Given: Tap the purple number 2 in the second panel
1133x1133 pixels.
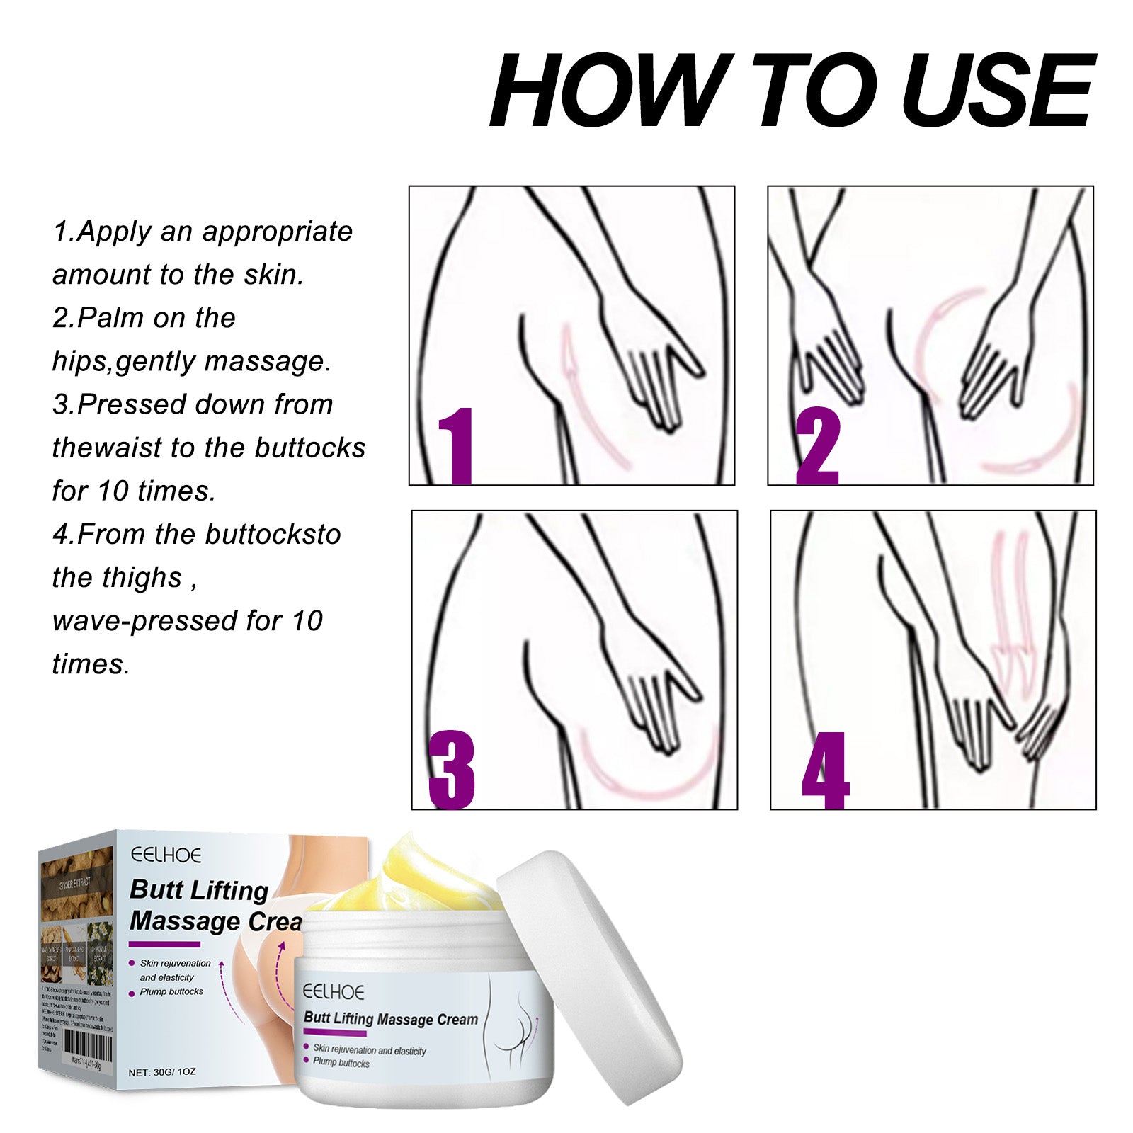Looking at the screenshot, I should pos(818,446).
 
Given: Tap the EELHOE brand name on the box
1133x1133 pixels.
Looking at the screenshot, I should pos(166,855).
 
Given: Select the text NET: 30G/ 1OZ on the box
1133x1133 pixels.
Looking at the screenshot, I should pos(162,1072).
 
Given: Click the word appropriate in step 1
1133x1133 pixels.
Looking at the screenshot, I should pos(277,232).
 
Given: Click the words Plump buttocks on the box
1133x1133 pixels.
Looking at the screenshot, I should pos(171,992).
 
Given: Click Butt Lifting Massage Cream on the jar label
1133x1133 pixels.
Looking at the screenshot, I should pos(390,1019).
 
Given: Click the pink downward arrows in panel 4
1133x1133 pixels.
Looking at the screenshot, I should pos(1009,602).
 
